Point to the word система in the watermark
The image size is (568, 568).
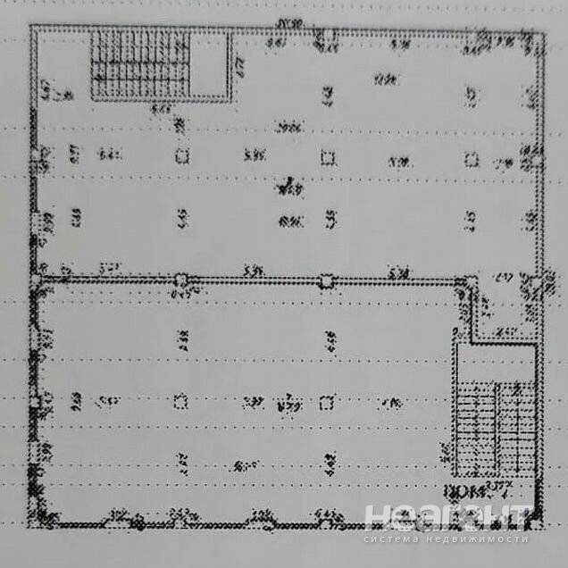(394, 539)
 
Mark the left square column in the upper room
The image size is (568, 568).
(181, 157)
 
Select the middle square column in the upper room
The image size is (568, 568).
(328, 159)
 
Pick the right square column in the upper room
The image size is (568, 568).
(472, 160)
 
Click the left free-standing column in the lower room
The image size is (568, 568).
(181, 401)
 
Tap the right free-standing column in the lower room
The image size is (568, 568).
(328, 401)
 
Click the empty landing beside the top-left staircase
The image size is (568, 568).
(213, 64)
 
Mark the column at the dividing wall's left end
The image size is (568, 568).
(36, 280)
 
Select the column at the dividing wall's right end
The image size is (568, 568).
(463, 283)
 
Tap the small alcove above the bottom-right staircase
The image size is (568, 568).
(505, 308)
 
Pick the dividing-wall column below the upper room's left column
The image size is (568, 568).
(181, 280)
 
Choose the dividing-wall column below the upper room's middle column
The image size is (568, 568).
(328, 281)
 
